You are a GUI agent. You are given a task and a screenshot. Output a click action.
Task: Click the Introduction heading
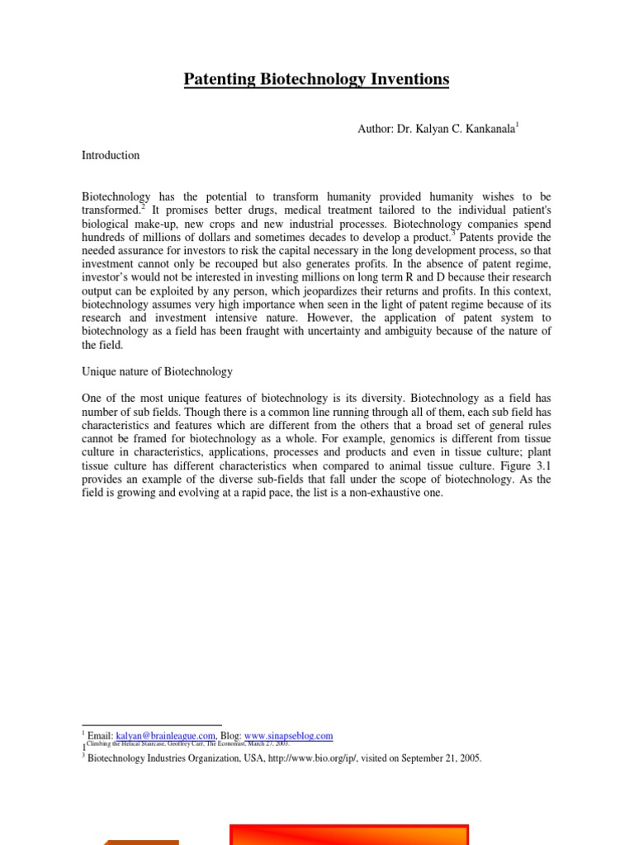click(x=111, y=155)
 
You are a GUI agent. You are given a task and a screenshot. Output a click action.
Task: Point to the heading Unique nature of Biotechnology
click(x=157, y=372)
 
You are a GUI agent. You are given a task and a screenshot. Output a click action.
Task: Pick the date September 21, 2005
click(x=433, y=758)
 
